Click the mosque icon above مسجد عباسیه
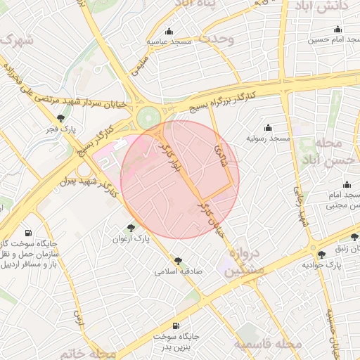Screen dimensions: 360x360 (169, 31)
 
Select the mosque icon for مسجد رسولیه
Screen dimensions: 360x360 (268, 127)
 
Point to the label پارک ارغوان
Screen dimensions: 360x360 (130, 239)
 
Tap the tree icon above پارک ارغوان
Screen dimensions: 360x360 (130, 227)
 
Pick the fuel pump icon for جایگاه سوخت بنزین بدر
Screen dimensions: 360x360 (175, 326)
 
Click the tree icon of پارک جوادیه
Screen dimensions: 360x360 (322, 254)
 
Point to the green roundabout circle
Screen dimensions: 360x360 (148, 117)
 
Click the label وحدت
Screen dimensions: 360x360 (217, 39)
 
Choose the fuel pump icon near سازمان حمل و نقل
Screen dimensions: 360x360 (27, 233)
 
